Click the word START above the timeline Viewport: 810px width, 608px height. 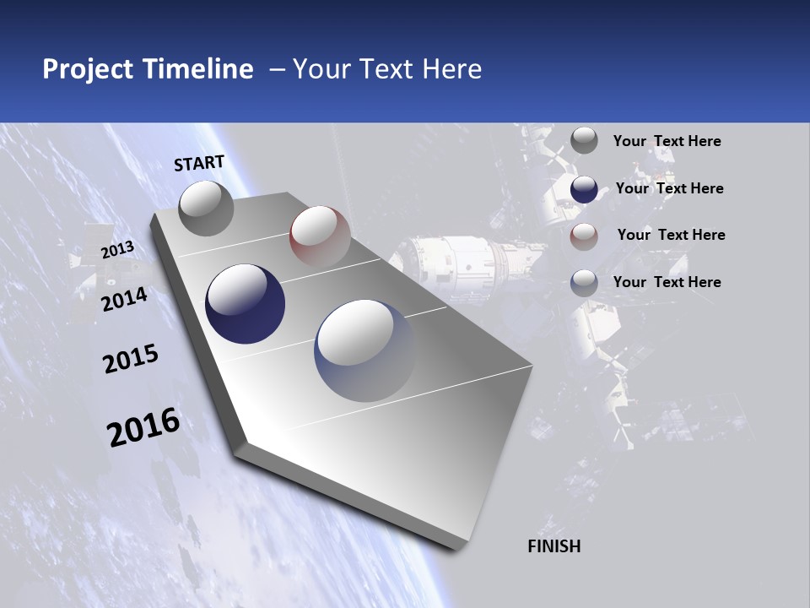tap(199, 163)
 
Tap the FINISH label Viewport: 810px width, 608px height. tap(554, 546)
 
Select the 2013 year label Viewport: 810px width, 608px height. tap(117, 250)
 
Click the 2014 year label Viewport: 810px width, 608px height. tap(125, 299)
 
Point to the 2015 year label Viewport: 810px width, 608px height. tap(131, 359)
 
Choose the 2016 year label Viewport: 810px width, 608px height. tap(143, 427)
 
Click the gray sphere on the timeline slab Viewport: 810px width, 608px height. tap(207, 208)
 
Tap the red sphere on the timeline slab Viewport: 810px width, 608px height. tap(320, 236)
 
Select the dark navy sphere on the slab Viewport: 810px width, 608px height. tap(246, 304)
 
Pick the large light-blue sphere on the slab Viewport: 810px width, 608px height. tap(366, 350)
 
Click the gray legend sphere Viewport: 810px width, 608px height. tap(584, 141)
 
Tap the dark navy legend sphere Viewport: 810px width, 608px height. tap(584, 189)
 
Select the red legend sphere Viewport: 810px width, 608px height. tap(584, 236)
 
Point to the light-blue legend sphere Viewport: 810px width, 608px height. tap(584, 283)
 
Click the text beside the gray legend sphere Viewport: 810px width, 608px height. tap(667, 142)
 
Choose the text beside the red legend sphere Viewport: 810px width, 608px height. tap(671, 235)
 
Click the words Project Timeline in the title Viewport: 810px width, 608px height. tap(148, 69)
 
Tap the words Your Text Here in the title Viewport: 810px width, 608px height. tap(387, 69)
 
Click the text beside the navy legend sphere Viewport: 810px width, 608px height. tap(669, 188)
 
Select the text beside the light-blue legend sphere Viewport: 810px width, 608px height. tap(667, 282)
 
